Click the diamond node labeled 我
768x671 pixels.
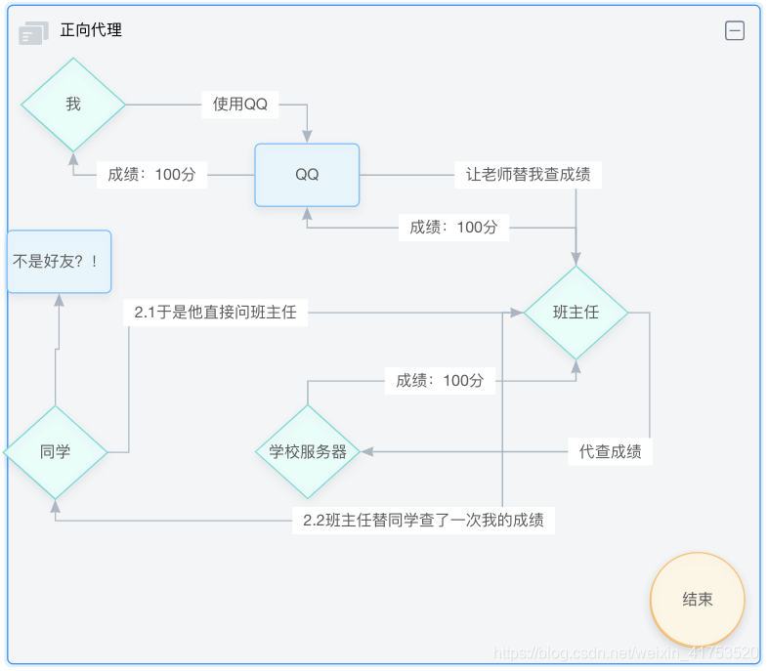[x=73, y=105]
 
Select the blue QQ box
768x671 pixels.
[x=307, y=175]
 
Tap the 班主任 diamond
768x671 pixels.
[x=576, y=313]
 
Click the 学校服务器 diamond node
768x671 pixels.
[x=308, y=452]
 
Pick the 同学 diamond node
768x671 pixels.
[x=55, y=452]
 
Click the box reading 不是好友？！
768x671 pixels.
[x=59, y=262]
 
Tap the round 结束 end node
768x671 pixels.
[x=697, y=600]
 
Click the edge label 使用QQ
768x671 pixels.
[x=240, y=105]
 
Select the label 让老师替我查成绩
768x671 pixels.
[x=528, y=175]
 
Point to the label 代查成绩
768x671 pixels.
[x=610, y=451]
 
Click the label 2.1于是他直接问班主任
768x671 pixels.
[x=215, y=313]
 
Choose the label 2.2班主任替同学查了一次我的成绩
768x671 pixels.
[x=423, y=521]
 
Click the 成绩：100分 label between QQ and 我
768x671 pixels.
[x=151, y=175]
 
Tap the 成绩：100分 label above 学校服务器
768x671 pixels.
[x=440, y=380]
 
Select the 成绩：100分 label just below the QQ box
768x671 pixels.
[x=453, y=228]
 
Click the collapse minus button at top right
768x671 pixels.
[x=735, y=31]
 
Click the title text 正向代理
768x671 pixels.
[x=91, y=30]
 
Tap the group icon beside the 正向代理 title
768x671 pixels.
[x=33, y=33]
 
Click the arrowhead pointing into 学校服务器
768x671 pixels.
[x=367, y=451]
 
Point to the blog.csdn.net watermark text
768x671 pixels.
[x=625, y=652]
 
